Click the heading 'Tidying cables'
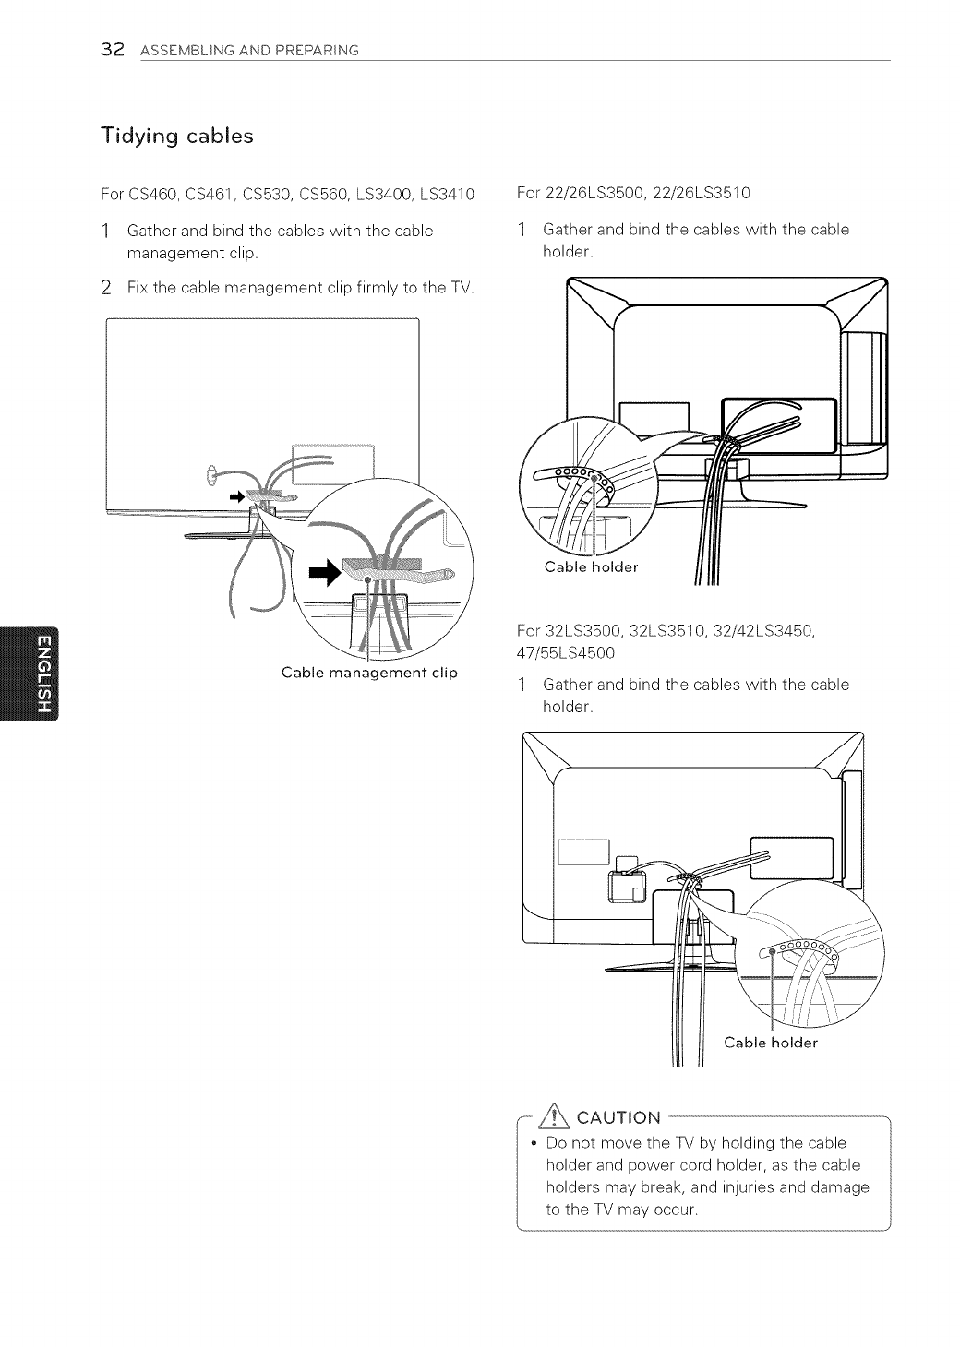click(176, 136)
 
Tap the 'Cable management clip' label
click(369, 672)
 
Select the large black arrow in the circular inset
click(325, 573)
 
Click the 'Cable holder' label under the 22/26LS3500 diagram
click(591, 566)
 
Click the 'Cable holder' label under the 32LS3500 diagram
click(771, 1043)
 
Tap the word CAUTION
click(618, 1118)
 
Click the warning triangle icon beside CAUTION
click(557, 1117)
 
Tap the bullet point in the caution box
click(534, 1143)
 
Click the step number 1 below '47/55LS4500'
click(522, 685)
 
